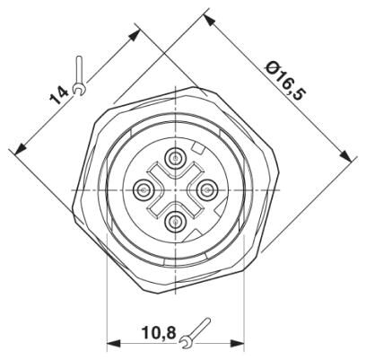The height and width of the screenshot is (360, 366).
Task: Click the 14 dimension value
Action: click(x=59, y=95)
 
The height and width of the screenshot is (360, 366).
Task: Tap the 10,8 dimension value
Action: click(x=159, y=333)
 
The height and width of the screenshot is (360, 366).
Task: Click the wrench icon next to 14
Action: click(x=79, y=75)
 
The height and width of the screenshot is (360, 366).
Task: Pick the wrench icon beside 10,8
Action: click(x=195, y=333)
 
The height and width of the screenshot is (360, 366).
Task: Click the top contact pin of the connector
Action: click(x=175, y=157)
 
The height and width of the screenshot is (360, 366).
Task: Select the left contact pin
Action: click(x=144, y=189)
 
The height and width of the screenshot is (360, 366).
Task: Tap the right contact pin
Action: click(x=206, y=189)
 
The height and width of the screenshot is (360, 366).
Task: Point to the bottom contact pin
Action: click(x=175, y=221)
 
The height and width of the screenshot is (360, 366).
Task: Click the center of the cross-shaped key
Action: click(x=175, y=189)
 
